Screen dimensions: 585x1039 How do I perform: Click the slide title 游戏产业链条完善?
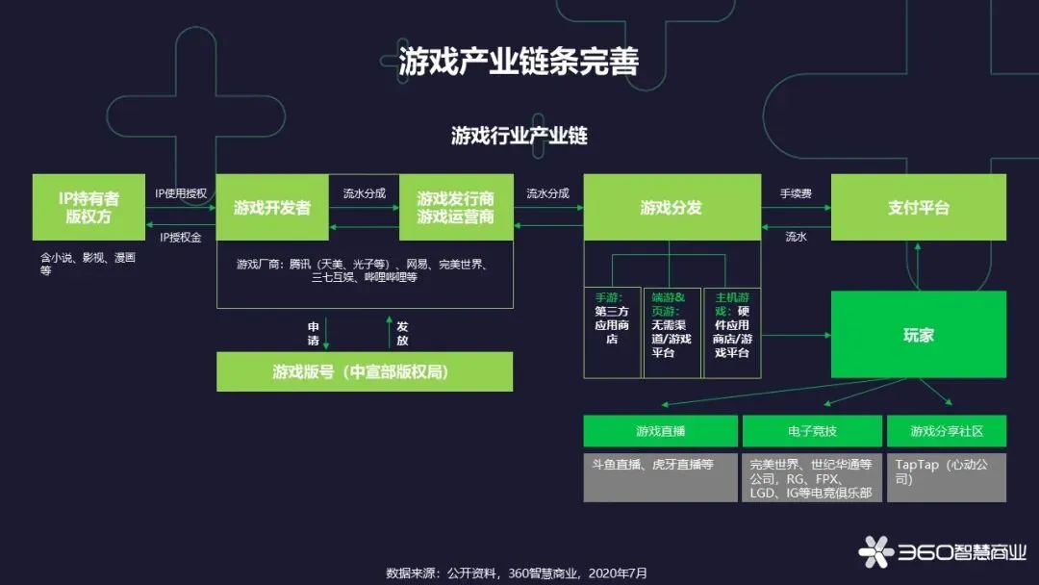pyautogui.click(x=519, y=60)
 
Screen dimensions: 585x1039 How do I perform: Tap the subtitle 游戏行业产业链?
pyautogui.click(x=519, y=136)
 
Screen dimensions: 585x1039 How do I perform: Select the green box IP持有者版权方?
pyautogui.click(x=89, y=207)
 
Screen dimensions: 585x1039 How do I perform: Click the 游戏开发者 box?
pyautogui.click(x=272, y=207)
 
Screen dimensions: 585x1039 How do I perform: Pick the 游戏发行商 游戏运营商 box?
pyautogui.click(x=455, y=207)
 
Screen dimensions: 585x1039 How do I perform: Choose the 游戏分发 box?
pyautogui.click(x=671, y=207)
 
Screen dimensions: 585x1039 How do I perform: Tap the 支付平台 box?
pyautogui.click(x=918, y=207)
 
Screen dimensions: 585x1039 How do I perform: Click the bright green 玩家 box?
pyautogui.click(x=918, y=335)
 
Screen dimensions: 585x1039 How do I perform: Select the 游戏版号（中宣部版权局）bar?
pyautogui.click(x=364, y=371)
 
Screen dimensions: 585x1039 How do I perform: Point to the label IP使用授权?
pyautogui.click(x=181, y=193)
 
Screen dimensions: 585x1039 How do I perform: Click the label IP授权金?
pyautogui.click(x=181, y=237)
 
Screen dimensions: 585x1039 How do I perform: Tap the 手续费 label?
pyautogui.click(x=796, y=193)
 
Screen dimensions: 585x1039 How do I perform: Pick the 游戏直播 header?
pyautogui.click(x=660, y=431)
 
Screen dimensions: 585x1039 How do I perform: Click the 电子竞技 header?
pyautogui.click(x=812, y=431)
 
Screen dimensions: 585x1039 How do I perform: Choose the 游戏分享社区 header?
pyautogui.click(x=946, y=431)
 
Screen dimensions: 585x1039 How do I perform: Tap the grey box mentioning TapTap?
pyautogui.click(x=946, y=477)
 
